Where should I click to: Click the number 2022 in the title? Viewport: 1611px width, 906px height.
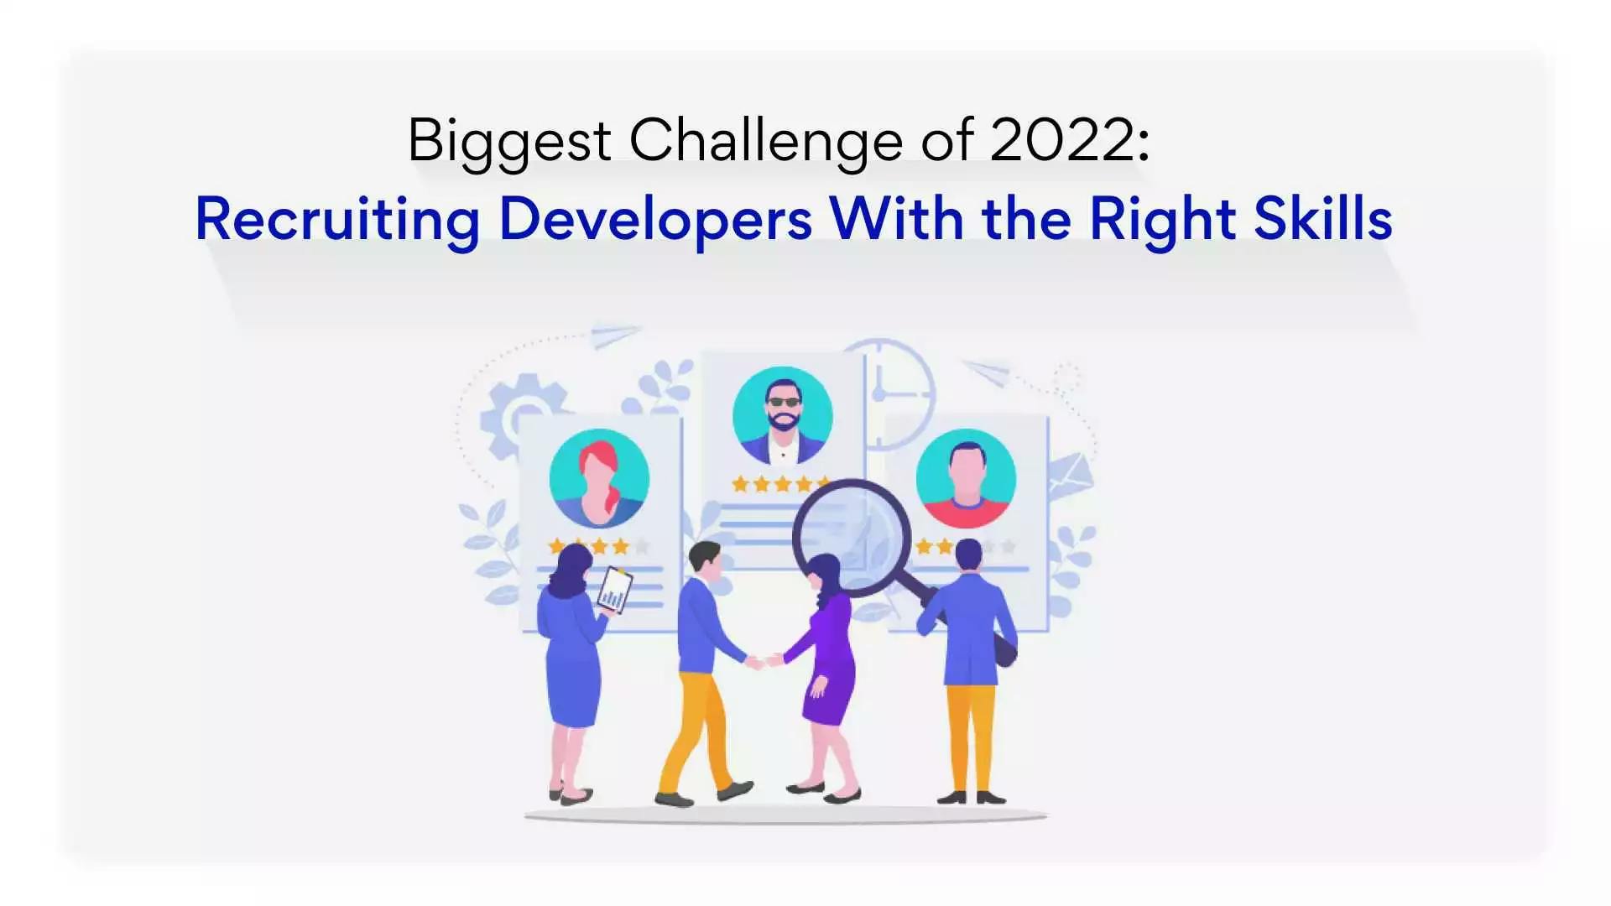coord(1061,139)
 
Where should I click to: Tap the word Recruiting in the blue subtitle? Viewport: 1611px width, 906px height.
coord(337,220)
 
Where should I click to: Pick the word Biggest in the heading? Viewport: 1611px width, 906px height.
coord(508,141)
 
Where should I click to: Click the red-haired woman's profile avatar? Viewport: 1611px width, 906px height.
coord(599,478)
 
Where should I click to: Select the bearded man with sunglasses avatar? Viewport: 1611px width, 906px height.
coord(782,416)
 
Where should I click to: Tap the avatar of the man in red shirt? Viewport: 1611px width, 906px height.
coord(966,479)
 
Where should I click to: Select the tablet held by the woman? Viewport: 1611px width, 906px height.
coord(614,591)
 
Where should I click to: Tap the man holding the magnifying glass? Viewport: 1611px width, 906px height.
coord(970,654)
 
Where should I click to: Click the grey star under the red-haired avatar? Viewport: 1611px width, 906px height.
coord(642,547)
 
